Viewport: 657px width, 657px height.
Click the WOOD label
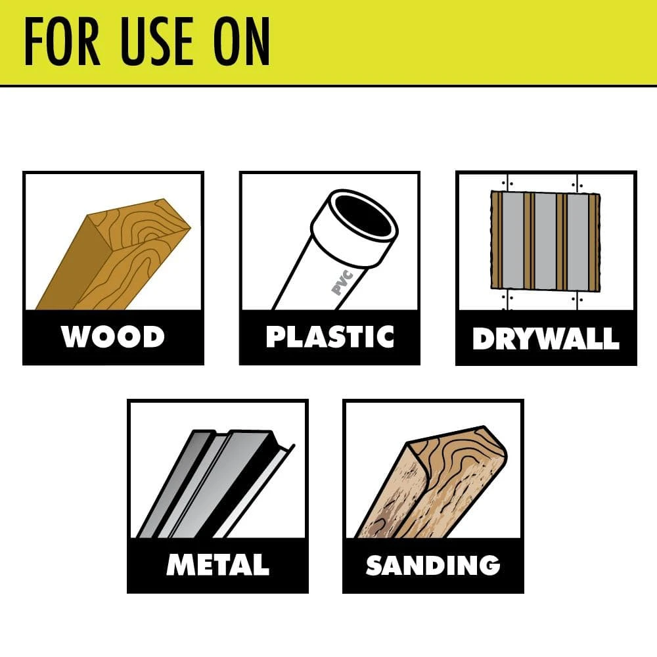point(112,337)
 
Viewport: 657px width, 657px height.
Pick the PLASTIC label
point(330,336)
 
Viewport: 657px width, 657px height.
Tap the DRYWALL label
point(546,338)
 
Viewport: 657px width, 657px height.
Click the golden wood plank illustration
point(112,256)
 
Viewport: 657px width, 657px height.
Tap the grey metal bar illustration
point(210,483)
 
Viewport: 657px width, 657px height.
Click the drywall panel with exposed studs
point(545,242)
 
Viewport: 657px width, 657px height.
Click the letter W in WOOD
point(76,337)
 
